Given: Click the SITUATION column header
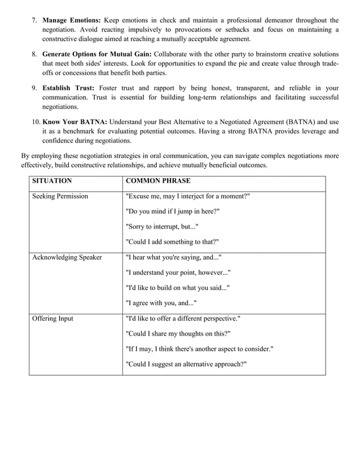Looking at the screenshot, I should click(x=52, y=181).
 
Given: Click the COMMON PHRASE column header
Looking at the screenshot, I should click(x=157, y=181).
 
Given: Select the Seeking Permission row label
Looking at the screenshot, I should click(x=60, y=196).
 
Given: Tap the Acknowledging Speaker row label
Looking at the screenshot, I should click(x=67, y=257).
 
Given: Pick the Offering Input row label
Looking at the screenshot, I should click(x=53, y=318).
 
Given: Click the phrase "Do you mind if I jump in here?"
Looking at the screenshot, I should click(x=172, y=212).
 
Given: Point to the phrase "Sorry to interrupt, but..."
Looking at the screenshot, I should click(x=161, y=227).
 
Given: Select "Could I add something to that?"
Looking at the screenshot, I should click(x=172, y=242).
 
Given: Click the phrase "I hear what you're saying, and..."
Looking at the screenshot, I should click(x=173, y=257).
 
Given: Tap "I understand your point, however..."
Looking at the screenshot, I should click(x=177, y=272).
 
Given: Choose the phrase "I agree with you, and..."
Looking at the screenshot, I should click(x=160, y=303).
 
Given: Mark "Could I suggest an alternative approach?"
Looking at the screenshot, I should click(x=186, y=364).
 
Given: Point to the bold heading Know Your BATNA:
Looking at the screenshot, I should click(x=74, y=122).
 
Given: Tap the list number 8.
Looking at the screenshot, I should click(x=34, y=55).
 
